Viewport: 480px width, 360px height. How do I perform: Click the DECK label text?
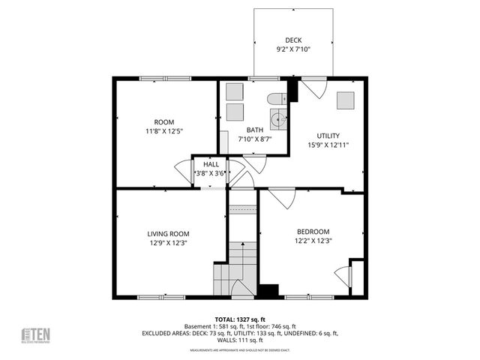click(292, 40)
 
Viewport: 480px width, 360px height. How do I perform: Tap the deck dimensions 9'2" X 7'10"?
click(292, 49)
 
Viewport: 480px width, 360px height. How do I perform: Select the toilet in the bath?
click(274, 98)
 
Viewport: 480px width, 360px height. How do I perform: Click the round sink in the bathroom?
click(279, 118)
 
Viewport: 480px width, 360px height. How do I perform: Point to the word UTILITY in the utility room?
click(328, 136)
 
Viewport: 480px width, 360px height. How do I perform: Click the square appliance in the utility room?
click(346, 100)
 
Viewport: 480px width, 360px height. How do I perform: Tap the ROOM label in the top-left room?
click(164, 121)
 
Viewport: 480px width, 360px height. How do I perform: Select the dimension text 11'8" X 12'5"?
click(164, 131)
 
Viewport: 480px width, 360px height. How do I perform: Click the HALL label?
click(211, 163)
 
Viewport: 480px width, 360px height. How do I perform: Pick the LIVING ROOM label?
click(168, 234)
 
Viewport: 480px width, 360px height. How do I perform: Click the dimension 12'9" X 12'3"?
click(168, 244)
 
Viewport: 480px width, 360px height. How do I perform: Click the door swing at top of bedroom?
click(282, 199)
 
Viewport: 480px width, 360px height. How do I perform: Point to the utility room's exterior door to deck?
click(314, 88)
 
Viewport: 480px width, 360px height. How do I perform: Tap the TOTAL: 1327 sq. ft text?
click(240, 319)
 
